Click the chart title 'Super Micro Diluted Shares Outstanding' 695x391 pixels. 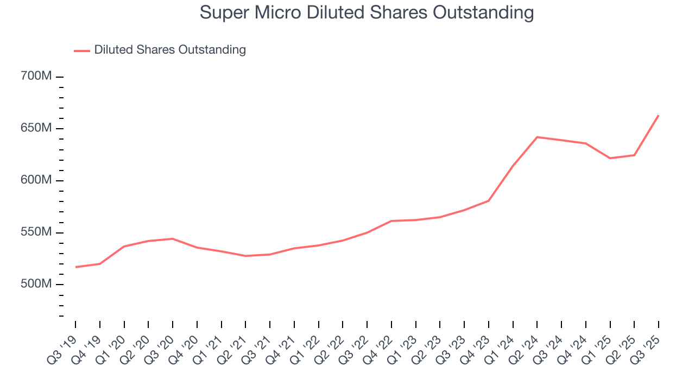(x=367, y=12)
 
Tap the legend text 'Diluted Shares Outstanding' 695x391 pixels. (x=170, y=50)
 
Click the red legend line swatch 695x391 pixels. (x=82, y=51)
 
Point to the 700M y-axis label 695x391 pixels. (x=36, y=76)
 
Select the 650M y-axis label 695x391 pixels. (x=36, y=128)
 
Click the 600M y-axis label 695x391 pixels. (x=36, y=180)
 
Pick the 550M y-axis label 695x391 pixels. (x=36, y=232)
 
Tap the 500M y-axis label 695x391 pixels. (x=36, y=285)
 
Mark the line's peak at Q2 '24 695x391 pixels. (x=537, y=137)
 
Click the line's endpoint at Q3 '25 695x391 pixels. (x=659, y=115)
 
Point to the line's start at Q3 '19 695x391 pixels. (x=75, y=267)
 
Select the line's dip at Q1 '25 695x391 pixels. (x=610, y=158)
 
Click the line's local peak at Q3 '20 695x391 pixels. (x=173, y=239)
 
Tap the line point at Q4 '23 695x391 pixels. (x=489, y=201)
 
